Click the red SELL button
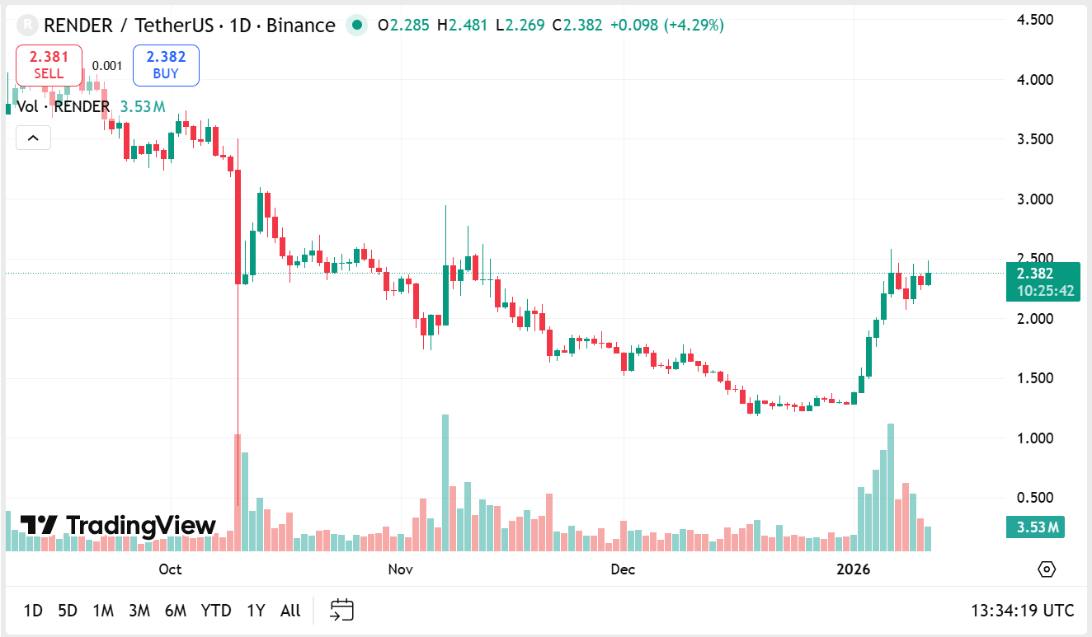coord(49,65)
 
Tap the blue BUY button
coord(166,65)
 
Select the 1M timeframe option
coord(103,611)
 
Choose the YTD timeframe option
coord(216,611)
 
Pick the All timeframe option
coord(290,611)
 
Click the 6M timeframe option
coord(176,611)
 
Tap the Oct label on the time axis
coord(170,569)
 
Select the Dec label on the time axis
coord(623,569)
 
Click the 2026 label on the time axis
coord(854,569)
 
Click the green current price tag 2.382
coord(1043,282)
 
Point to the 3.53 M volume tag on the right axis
coord(1035,527)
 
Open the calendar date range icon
coord(341,611)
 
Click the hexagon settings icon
coord(1047,569)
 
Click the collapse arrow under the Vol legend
coord(33,138)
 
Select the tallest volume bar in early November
coord(445,482)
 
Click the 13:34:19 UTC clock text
coord(1022,611)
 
